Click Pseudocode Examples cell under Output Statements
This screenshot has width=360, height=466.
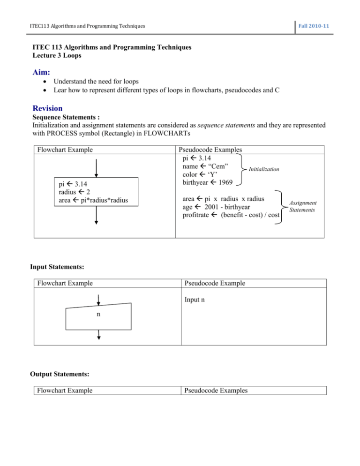click(215, 391)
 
